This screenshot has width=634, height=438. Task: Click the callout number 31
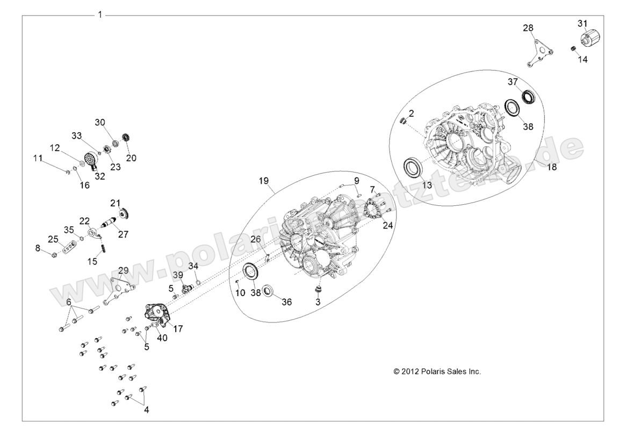click(x=582, y=23)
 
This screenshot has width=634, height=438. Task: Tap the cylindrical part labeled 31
click(x=589, y=39)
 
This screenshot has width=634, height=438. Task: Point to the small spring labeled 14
click(x=573, y=49)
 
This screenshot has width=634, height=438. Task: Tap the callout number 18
click(x=552, y=167)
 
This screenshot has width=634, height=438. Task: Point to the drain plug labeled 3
click(x=319, y=291)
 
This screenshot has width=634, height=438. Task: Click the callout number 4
click(x=146, y=410)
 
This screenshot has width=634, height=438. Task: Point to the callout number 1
click(x=99, y=15)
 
